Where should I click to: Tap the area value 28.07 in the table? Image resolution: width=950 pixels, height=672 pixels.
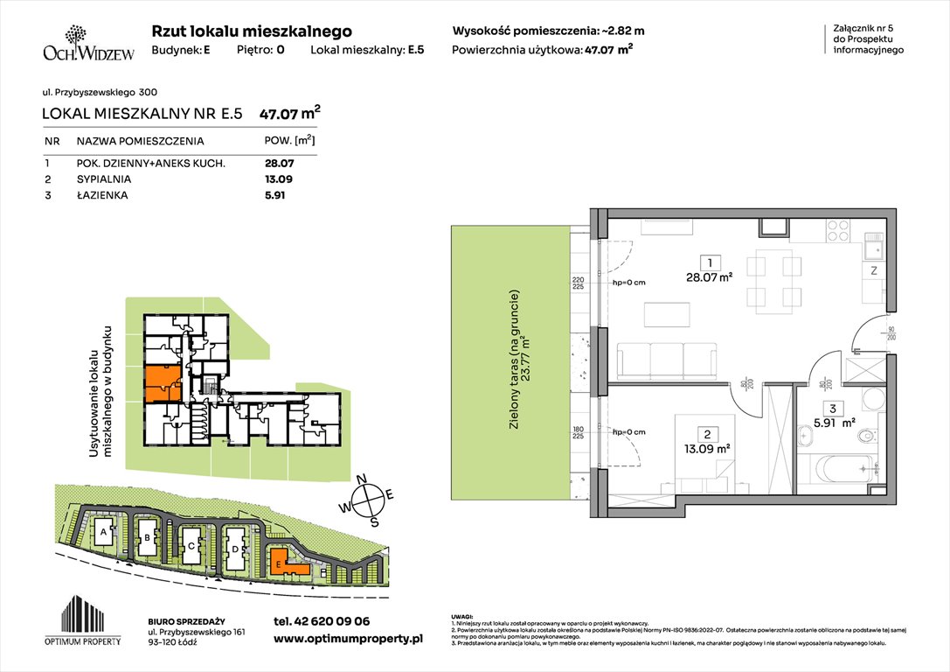tap(279, 163)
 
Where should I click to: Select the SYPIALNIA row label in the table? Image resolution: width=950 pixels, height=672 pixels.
tap(103, 179)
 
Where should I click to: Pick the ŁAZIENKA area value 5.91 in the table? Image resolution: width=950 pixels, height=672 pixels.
tap(274, 195)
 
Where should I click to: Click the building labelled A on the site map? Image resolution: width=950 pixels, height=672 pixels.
tap(103, 530)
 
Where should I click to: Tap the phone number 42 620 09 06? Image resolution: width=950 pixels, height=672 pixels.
tap(322, 621)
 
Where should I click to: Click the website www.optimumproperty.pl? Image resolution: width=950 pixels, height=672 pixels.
tap(348, 640)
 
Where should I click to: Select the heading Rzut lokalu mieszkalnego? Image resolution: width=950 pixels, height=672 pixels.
tap(252, 31)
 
